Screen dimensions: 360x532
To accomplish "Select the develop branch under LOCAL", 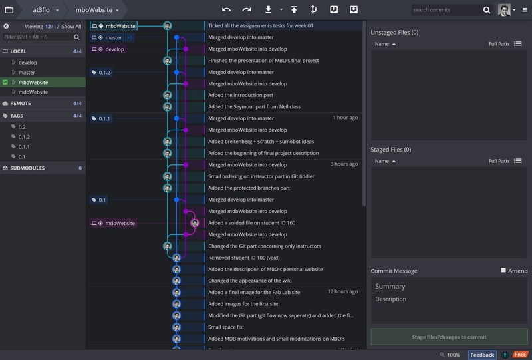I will point(28,63).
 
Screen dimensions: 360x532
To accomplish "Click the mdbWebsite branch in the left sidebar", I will point(33,92).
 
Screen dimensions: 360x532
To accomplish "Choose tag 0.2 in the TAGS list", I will point(22,126).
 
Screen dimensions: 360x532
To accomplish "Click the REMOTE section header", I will point(21,104).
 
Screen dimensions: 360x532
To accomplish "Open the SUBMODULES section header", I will point(27,168).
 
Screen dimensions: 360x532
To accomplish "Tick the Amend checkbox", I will point(504,271).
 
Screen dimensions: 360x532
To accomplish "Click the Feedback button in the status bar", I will point(482,355).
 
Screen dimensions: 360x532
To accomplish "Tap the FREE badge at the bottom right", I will point(520,355).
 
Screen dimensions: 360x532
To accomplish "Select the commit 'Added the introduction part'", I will point(241,95).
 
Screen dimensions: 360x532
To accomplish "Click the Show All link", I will point(72,27).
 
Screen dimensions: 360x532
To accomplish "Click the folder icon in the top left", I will point(9,10).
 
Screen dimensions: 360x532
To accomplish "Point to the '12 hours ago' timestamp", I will point(342,291).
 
